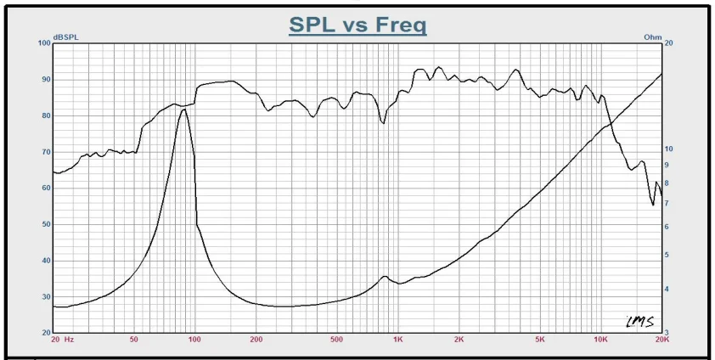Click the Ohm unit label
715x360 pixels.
653,38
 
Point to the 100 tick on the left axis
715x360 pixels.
44,43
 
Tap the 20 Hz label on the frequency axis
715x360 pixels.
63,340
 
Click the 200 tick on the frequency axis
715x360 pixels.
256,340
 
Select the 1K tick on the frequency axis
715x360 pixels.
397,340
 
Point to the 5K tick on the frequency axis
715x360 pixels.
539,340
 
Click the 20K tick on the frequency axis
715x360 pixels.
662,340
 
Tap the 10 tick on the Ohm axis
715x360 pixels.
669,149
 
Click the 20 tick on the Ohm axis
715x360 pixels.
669,43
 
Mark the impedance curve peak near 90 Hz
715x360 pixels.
183,110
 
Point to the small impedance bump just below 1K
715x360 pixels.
385,276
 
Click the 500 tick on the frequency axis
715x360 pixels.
336,340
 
